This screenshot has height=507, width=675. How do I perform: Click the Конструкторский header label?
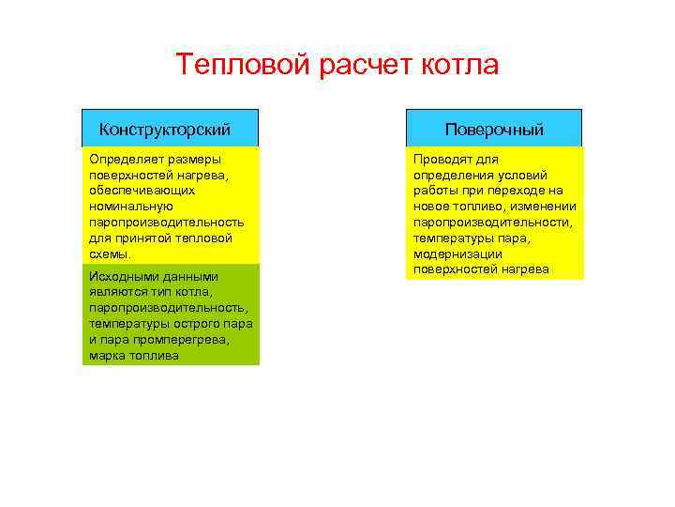point(165,129)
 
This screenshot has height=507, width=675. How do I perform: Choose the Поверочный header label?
point(494,129)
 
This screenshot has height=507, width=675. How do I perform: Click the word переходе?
point(517,191)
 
